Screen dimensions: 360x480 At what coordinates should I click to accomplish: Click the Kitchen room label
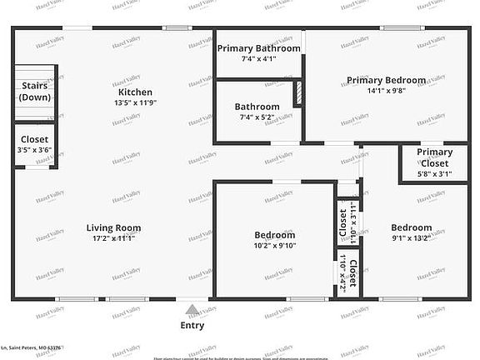coord(134,92)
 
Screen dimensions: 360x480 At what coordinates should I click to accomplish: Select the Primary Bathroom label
coord(259,48)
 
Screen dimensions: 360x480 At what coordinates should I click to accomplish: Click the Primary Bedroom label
coord(386,81)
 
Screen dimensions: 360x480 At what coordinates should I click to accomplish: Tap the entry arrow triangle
coord(192,309)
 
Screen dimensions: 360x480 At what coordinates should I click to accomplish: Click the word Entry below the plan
coord(192,326)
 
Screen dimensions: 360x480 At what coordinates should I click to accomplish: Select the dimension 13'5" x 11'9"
coord(134,102)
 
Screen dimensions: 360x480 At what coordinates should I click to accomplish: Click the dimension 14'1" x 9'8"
coord(386,92)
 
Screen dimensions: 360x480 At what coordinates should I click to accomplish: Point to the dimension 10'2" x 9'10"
coord(274,246)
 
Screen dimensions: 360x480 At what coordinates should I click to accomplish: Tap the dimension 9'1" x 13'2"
coord(411,238)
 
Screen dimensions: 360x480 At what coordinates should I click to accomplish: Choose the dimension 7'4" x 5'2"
coord(257,117)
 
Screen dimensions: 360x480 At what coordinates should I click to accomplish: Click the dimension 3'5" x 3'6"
coord(33,150)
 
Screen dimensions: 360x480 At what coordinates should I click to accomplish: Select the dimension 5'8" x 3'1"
coord(435,174)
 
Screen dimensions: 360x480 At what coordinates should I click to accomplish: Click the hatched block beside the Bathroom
coord(297,94)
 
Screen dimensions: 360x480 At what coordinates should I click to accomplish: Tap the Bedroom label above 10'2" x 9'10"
coord(274,235)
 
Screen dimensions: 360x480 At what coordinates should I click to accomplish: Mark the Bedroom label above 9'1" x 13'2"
coord(411,227)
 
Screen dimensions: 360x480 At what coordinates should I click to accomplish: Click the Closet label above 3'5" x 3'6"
coord(33,139)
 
